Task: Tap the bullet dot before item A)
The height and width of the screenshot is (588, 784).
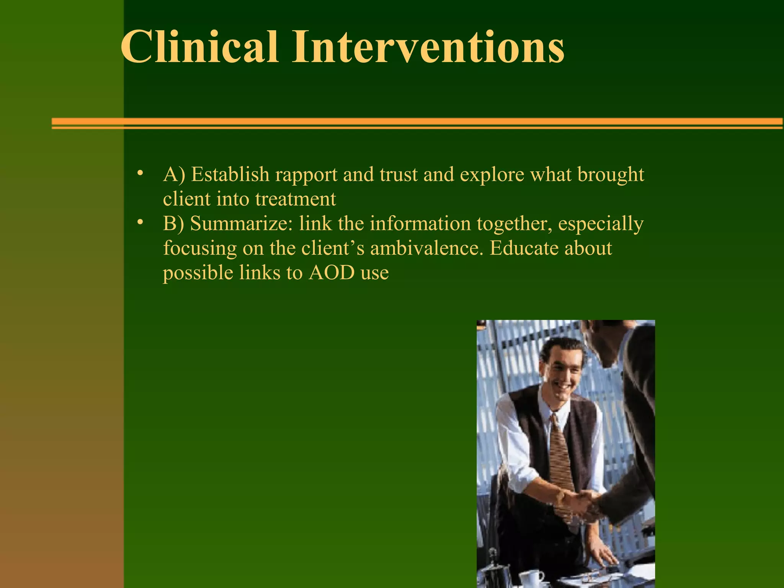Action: (140, 173)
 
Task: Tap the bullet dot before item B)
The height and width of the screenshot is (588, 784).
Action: (140, 222)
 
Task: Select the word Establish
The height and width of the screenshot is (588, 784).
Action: (230, 175)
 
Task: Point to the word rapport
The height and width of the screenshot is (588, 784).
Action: (306, 175)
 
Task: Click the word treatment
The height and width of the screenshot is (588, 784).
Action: (296, 199)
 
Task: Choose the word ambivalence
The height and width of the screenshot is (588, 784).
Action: (425, 248)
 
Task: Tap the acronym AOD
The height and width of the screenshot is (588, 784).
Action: (332, 273)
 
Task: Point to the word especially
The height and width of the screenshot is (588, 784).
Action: (601, 224)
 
